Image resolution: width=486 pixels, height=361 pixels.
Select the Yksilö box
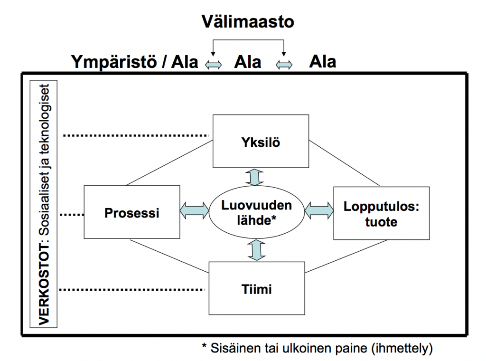pos(260,142)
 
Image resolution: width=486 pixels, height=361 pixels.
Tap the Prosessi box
pos(132,212)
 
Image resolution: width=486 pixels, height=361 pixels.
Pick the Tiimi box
pos(256,288)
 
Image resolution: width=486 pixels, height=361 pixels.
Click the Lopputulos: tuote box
pos(381,212)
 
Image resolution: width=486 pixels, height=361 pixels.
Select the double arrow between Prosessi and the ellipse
pos(195,212)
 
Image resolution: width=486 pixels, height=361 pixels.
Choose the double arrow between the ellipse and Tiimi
pos(256,250)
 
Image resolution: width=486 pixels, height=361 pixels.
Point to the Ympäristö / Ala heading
pos(135,62)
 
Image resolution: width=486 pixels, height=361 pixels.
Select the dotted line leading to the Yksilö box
pos(138,136)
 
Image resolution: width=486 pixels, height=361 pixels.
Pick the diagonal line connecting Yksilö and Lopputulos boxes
pos(345,162)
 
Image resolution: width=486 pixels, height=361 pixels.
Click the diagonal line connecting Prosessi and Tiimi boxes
pos(169,256)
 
